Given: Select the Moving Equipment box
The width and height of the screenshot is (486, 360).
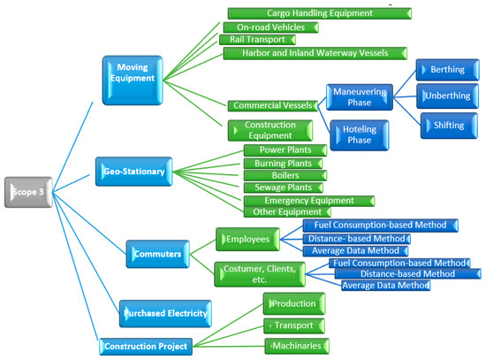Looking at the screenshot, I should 133,71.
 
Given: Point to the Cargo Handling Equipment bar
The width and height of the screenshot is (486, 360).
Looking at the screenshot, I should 319,13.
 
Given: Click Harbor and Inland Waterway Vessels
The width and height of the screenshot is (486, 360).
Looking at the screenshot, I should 315,53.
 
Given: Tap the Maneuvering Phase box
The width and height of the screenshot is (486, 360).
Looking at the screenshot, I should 361,96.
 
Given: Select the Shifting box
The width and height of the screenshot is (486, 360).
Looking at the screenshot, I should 448,126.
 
